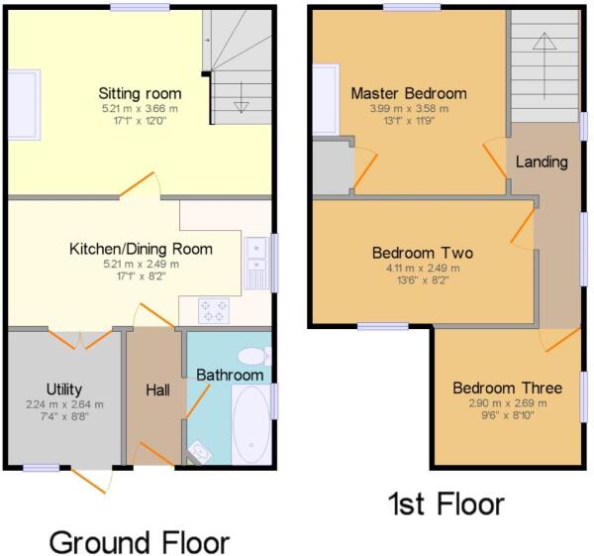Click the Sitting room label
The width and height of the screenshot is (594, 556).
140,94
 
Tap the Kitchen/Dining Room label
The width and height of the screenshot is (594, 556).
141,249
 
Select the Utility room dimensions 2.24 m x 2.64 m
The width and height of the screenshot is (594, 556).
64,404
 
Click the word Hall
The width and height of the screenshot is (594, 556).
158,389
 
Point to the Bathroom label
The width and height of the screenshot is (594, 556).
230,375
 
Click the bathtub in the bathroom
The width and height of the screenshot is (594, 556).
251,424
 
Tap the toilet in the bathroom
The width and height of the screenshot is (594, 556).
254,357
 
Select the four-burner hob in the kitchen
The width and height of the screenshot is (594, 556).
214,311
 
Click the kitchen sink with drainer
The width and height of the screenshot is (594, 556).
256,264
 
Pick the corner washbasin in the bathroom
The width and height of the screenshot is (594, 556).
199,453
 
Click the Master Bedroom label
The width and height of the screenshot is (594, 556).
409,93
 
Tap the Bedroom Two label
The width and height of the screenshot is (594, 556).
423,253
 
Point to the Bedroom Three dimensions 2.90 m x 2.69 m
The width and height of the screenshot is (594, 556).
508,403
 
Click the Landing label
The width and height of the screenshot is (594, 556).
542,163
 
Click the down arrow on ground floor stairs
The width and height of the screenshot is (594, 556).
241,97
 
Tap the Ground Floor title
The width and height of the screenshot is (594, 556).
140,542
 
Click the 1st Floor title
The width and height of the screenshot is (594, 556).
446,503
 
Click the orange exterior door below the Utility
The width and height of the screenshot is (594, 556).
89,481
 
